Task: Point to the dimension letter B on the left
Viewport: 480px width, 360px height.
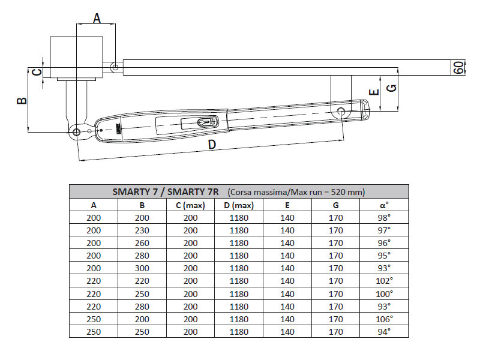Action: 21,100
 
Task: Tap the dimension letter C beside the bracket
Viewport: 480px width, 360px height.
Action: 37,72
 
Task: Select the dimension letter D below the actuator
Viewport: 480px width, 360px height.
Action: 212,145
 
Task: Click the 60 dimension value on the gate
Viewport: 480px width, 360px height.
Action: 459,67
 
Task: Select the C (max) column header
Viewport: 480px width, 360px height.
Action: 190,205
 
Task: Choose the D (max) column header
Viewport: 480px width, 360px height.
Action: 239,205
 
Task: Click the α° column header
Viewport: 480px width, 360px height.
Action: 385,205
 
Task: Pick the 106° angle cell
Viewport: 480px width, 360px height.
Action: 385,319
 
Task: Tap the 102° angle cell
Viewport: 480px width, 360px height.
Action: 385,280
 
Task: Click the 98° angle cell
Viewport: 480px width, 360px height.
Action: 385,217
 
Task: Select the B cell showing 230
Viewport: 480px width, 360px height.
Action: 142,230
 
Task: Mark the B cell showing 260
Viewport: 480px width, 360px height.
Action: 142,242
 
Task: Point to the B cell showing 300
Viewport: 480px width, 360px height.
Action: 142,268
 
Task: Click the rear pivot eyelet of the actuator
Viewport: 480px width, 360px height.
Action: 76,132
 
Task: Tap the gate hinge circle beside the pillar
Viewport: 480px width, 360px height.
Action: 115,68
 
